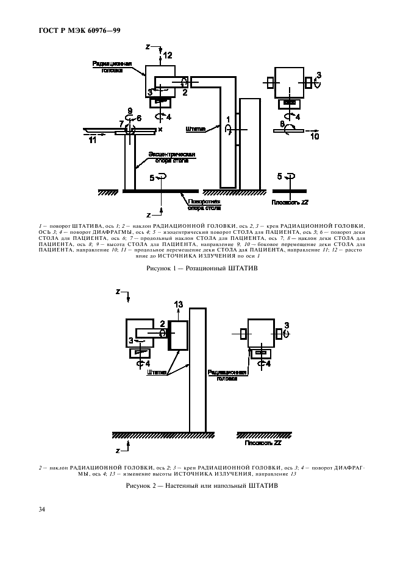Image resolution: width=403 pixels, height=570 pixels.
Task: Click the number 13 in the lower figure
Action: tap(178, 304)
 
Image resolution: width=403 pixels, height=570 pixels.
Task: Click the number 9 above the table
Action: tap(129, 110)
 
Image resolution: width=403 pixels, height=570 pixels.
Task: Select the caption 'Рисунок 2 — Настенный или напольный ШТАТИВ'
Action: tap(202, 487)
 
